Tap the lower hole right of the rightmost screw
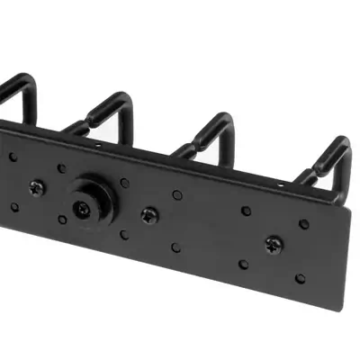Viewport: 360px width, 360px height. tap(300, 278)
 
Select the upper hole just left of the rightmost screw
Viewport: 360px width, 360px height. tap(247, 211)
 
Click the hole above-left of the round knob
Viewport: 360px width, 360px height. tap(60, 168)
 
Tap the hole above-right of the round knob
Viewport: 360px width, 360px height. tap(117, 181)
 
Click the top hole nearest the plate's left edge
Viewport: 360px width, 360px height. tap(13, 157)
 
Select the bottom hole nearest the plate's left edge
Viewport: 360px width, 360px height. tap(13, 208)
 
